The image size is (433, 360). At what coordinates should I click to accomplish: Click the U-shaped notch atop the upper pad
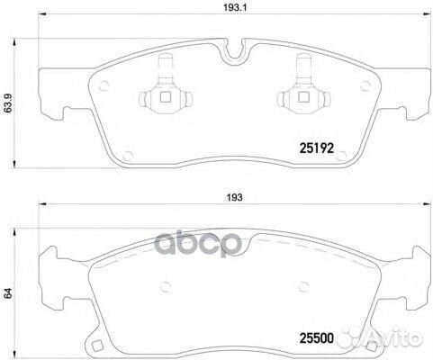tap(237, 52)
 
